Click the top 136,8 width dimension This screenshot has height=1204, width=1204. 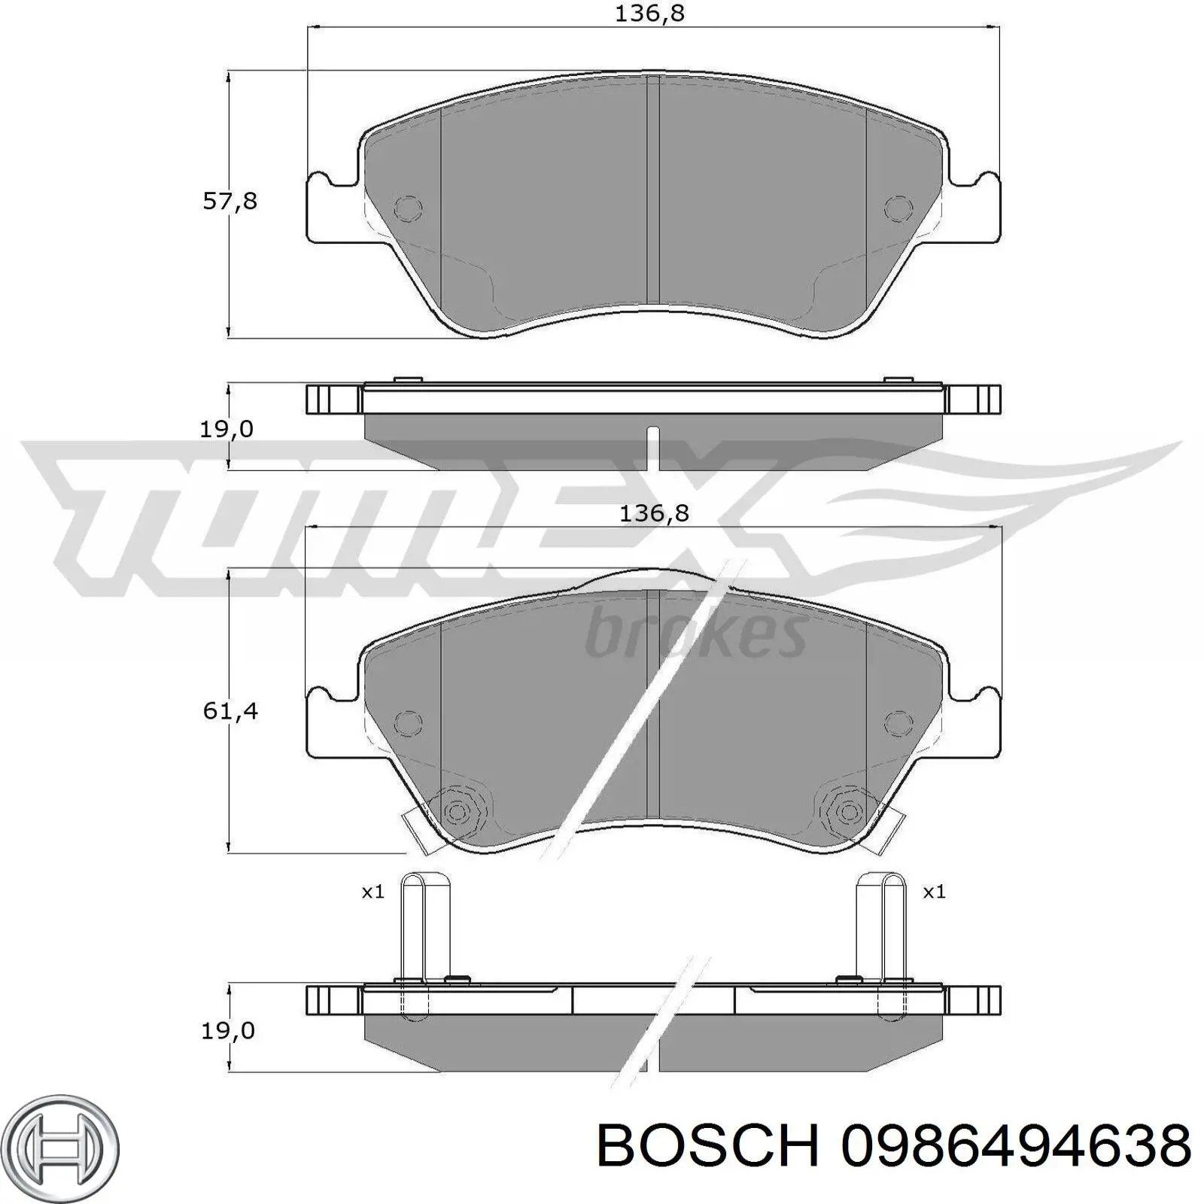[649, 14]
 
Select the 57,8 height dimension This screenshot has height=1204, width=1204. [230, 201]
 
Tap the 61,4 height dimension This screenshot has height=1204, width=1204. [230, 710]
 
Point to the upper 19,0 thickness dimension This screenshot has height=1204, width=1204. [226, 430]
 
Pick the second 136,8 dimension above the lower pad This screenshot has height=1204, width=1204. [653, 513]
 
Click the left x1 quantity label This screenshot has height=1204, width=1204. [373, 892]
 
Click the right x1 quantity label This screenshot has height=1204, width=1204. [934, 892]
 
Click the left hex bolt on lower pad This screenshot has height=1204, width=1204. [456, 811]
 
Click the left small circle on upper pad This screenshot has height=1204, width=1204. [408, 208]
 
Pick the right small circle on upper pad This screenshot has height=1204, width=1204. [897, 208]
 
